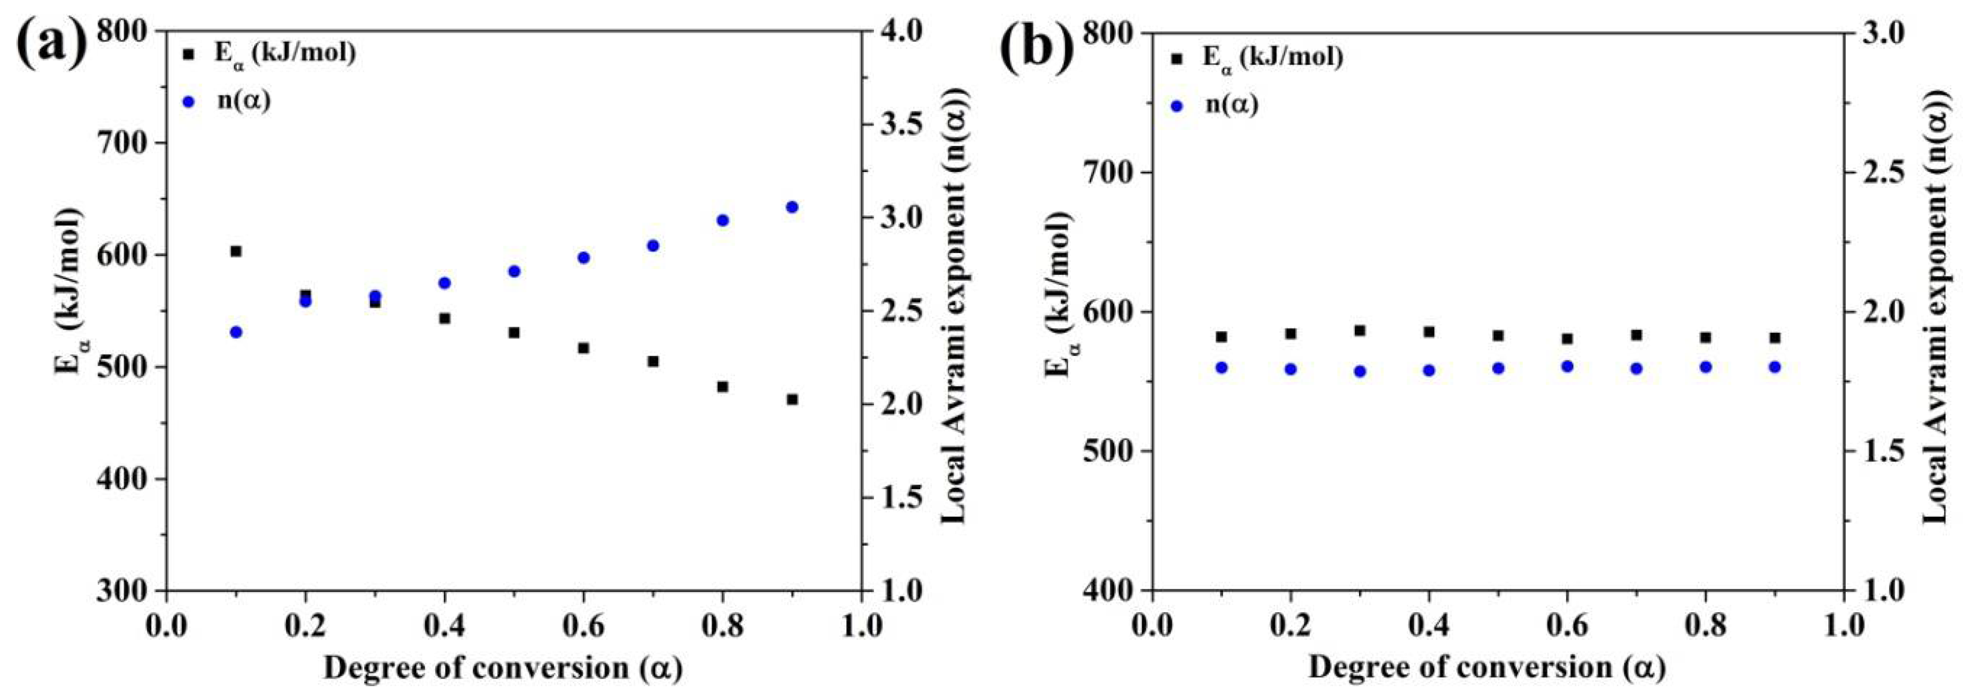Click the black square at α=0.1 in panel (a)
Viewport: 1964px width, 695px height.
tap(236, 251)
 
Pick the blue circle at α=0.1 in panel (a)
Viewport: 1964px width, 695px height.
tap(236, 332)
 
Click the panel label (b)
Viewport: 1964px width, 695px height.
tap(1037, 47)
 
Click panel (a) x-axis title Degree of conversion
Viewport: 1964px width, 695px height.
tap(503, 667)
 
